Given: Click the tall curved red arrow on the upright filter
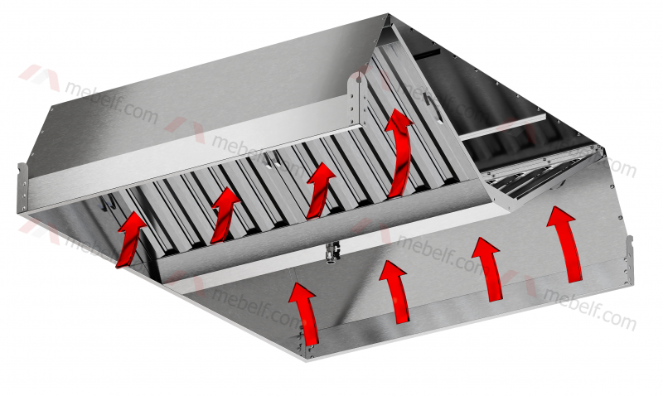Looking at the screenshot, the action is pos(400,152).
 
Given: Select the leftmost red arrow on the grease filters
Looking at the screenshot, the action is pos(130,239).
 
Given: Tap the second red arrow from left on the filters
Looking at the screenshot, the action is pos(224,215).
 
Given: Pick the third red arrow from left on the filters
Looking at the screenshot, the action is pos(320,191).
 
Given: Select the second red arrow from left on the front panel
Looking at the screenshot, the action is pos(396,291).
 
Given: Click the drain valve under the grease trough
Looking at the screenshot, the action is pos(330,251).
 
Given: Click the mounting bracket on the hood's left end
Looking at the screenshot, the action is pos(22,188).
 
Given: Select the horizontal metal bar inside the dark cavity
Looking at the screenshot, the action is pos(504,127).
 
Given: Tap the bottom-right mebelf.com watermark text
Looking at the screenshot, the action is pos(590,307).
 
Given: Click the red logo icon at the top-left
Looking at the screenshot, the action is pos(39,76).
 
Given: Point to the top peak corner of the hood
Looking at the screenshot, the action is pos(388,15).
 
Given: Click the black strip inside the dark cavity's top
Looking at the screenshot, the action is pos(427,53).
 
